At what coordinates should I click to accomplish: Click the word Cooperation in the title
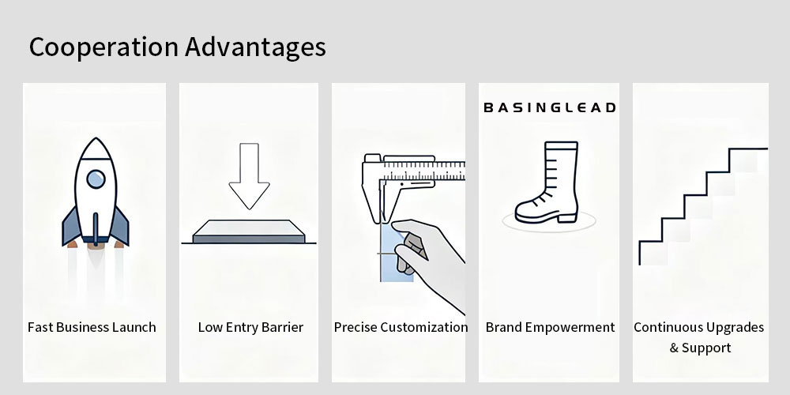[103, 47]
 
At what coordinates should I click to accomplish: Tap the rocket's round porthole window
[96, 179]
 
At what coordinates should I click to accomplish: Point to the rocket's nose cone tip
[96, 138]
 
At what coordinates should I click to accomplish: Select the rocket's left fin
[71, 227]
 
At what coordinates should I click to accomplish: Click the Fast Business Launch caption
[92, 328]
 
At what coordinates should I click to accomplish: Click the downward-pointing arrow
[250, 176]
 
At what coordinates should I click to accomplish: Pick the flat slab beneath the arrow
[249, 231]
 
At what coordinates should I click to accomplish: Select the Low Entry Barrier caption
[250, 328]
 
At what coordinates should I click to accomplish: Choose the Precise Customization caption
[401, 328]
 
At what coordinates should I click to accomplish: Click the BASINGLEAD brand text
[550, 107]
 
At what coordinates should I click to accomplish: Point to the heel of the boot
[567, 217]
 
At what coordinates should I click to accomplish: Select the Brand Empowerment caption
[550, 328]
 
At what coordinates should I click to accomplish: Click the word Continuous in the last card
[664, 328]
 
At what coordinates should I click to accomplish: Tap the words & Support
[700, 348]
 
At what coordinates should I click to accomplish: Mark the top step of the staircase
[748, 149]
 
